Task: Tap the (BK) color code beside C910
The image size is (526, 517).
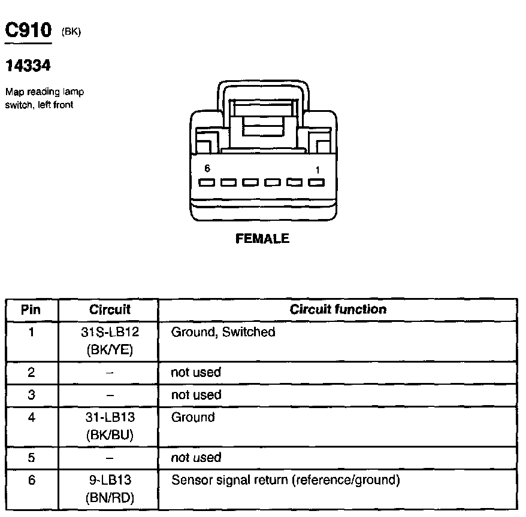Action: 71,33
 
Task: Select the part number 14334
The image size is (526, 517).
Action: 28,65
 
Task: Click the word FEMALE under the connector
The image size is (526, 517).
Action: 262,239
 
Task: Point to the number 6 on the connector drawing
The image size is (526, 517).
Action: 207,169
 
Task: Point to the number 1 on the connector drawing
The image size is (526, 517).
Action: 318,170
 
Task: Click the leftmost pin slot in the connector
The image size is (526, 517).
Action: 207,183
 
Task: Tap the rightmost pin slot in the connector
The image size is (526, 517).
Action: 317,183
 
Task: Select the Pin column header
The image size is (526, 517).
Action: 31,310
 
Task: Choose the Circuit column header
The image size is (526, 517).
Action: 110,310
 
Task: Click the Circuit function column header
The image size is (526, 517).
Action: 338,309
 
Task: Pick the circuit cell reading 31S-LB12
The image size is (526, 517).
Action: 110,332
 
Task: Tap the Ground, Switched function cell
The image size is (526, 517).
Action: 223,332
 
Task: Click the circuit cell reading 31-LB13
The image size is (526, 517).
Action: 110,418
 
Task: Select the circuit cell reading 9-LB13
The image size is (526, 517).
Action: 110,480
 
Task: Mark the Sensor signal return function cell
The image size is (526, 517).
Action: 285,480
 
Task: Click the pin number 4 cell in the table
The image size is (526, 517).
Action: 32,418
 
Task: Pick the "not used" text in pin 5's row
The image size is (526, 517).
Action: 196,458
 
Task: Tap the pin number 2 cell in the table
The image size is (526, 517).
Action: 32,372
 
